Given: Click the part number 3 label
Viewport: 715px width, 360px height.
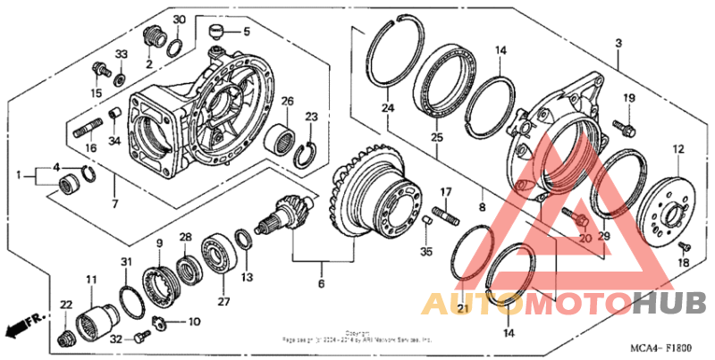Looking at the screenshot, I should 618,43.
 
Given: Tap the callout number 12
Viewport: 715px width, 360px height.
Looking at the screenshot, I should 678,149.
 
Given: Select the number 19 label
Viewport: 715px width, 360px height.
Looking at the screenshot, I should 629,98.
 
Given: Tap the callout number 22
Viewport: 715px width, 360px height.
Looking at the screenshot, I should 65,306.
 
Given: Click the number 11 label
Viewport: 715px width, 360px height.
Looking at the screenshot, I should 91,280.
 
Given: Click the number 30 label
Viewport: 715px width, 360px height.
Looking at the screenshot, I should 179,20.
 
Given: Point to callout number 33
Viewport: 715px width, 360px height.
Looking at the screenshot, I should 122,55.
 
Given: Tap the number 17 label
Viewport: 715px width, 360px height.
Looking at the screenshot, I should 444,192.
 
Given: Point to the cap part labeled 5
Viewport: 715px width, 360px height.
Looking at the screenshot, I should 214,34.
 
